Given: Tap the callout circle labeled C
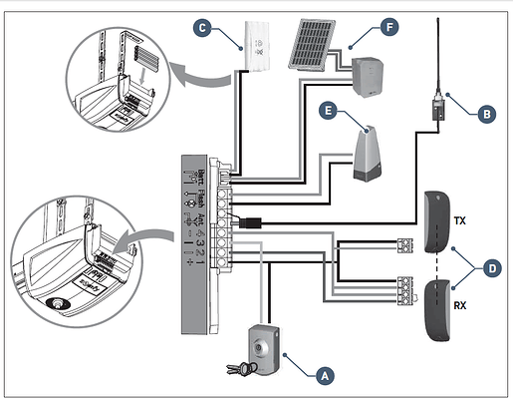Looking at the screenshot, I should tap(204, 29).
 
